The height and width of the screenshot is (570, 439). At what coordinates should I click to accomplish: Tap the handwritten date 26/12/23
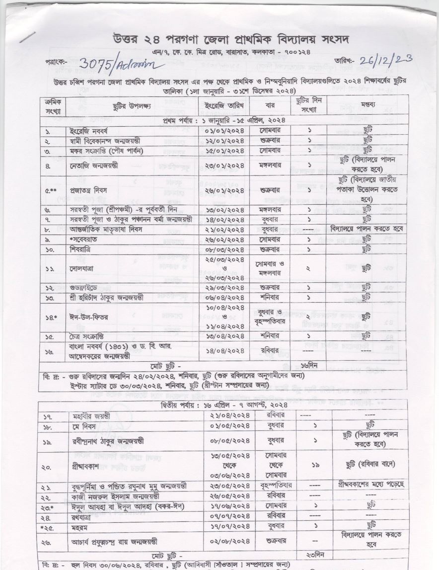(x=387, y=61)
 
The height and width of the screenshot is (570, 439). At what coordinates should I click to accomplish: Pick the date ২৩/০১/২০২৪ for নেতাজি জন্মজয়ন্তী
(x=225, y=163)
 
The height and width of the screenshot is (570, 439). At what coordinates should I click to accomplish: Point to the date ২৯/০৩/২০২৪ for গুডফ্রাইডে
(x=225, y=288)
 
